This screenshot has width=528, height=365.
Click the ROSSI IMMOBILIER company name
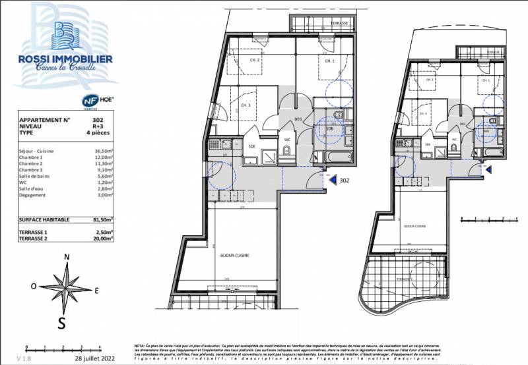click(65, 59)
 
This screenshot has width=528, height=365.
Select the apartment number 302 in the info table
click(98, 120)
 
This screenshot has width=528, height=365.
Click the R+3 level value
click(98, 126)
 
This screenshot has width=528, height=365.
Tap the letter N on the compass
click(66, 257)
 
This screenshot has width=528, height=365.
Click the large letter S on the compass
click(61, 322)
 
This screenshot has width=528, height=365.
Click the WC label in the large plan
click(287, 140)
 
